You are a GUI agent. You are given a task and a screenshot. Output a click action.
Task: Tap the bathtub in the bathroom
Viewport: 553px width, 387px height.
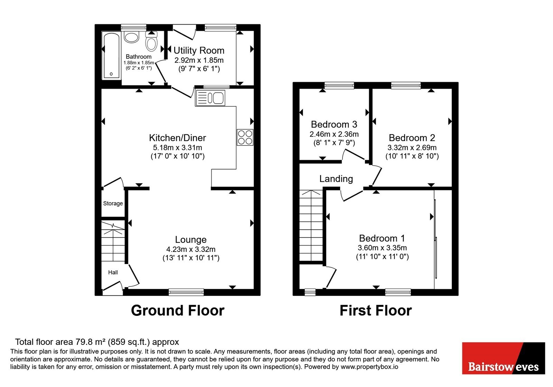[111, 56]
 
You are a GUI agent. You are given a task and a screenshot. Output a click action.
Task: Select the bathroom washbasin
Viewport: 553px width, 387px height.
[131, 38]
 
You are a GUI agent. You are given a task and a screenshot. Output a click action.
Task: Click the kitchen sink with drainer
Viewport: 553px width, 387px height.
[210, 98]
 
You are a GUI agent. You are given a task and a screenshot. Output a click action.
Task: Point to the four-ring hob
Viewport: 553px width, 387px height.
[245, 138]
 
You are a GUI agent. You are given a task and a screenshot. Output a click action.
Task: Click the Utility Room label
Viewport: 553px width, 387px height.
[199, 50]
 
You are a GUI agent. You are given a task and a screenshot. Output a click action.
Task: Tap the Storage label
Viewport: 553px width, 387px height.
[113, 204]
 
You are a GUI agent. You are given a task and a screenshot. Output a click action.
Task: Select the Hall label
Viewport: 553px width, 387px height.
[113, 272]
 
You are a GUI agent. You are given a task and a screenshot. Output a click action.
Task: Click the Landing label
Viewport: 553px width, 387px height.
[336, 179]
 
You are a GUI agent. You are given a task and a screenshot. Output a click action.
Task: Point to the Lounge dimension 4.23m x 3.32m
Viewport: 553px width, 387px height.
[191, 249]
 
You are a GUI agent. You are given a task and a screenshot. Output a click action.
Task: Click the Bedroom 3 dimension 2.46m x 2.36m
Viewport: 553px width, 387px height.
[334, 134]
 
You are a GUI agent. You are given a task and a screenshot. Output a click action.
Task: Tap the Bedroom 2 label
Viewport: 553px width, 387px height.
[412, 138]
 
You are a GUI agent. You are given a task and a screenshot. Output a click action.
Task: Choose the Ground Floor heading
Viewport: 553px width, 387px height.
[178, 311]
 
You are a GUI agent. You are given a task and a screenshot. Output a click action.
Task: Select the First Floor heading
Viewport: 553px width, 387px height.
[375, 311]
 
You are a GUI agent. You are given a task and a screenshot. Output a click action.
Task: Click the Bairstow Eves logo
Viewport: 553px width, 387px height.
[503, 358]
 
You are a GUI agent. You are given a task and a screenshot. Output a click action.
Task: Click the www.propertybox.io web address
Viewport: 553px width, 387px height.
[369, 367]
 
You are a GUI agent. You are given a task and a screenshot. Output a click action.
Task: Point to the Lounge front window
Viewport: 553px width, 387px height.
[186, 292]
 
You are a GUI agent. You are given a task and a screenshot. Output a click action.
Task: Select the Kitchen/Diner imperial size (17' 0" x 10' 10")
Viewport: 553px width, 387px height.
[178, 156]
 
